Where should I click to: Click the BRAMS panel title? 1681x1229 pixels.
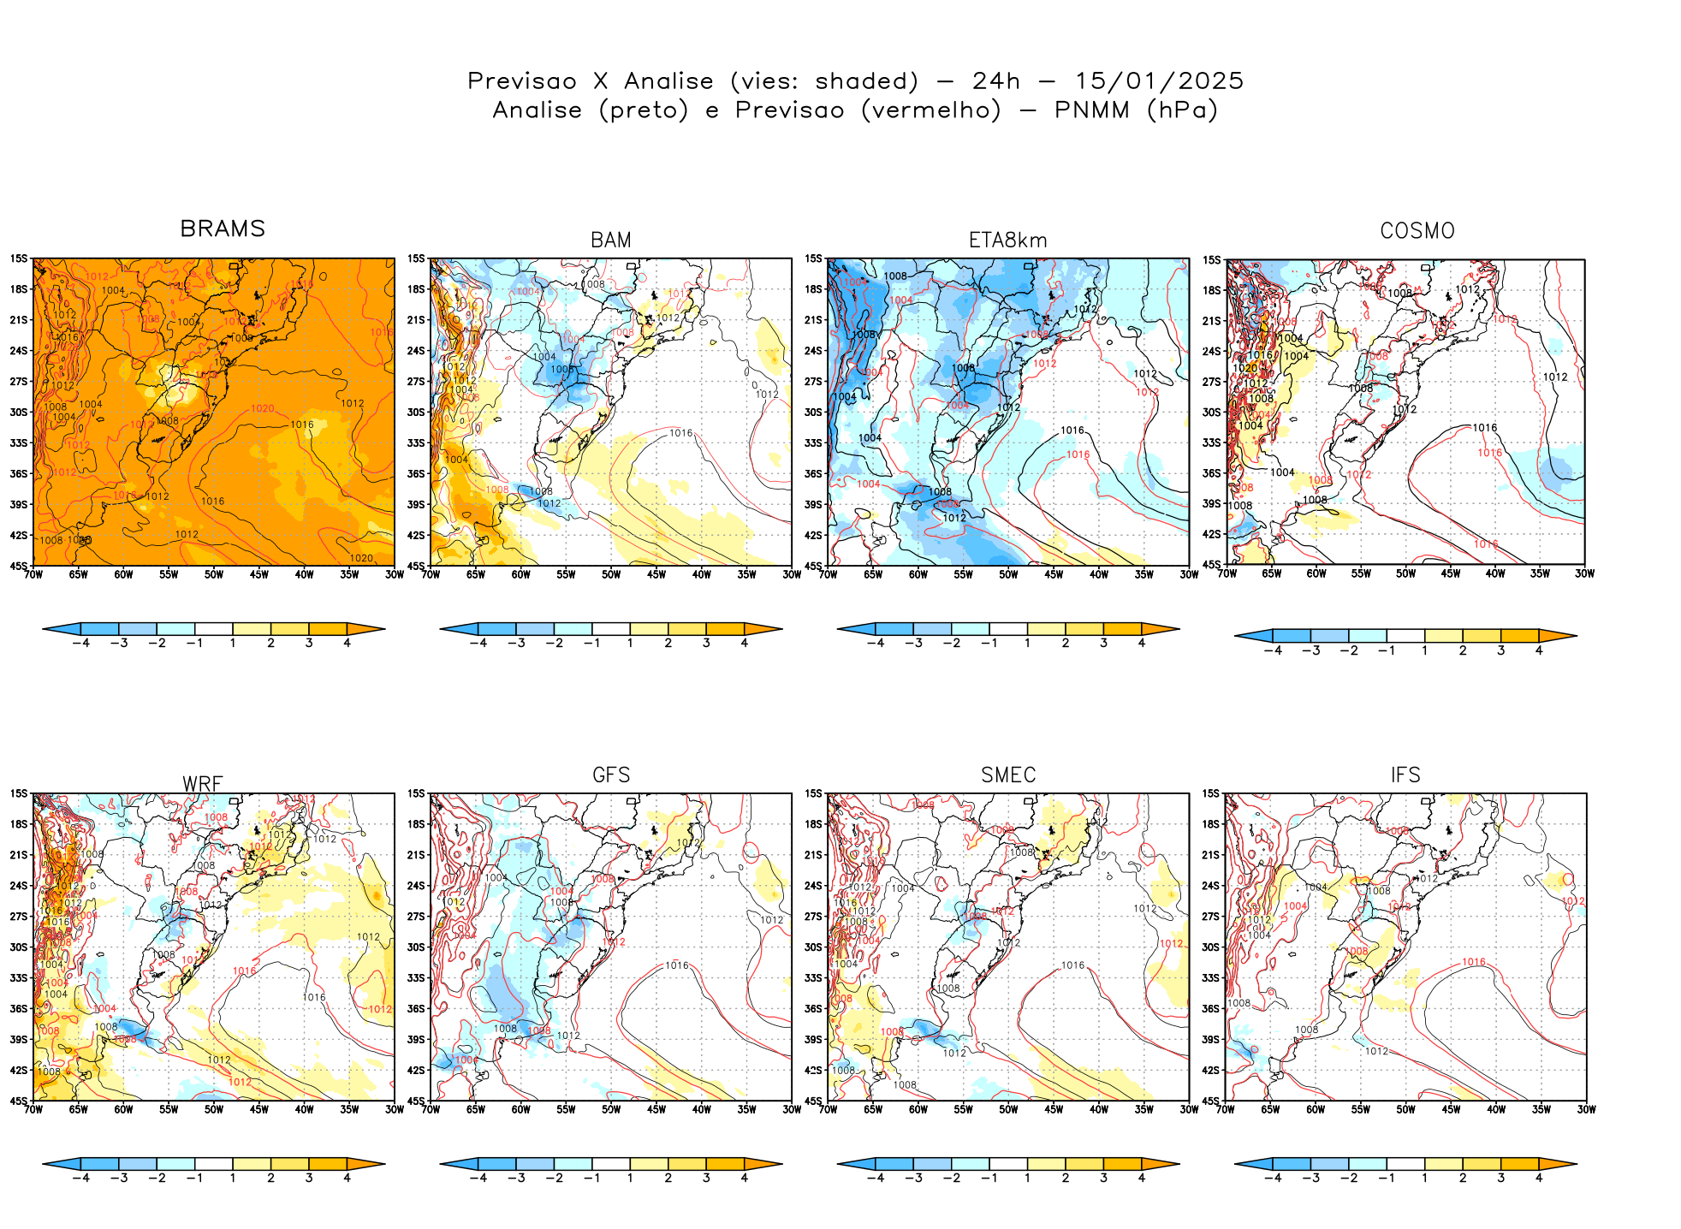click(x=223, y=229)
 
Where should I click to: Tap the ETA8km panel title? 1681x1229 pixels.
click(x=1007, y=240)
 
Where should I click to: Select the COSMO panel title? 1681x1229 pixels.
click(x=1417, y=231)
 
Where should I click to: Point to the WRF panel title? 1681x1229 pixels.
click(x=203, y=784)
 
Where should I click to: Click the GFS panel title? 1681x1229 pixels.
click(x=611, y=775)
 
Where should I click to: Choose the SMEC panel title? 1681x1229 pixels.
click(x=1008, y=775)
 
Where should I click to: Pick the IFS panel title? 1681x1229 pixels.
click(x=1405, y=775)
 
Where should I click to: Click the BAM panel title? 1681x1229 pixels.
click(x=611, y=240)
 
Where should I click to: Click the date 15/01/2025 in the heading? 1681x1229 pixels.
click(x=1159, y=81)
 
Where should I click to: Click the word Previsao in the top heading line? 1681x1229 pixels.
click(x=522, y=81)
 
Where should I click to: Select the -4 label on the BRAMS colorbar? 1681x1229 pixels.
click(x=81, y=643)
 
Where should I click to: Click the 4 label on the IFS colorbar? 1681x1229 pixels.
click(x=1538, y=1179)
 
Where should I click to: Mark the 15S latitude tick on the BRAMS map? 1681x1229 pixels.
click(x=19, y=258)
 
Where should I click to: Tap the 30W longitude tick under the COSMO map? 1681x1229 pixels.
click(x=1584, y=573)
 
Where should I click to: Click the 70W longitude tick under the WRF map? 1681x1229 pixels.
click(x=33, y=1110)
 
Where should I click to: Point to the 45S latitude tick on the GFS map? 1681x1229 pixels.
click(x=416, y=1101)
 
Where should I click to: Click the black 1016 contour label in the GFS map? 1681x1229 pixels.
click(x=677, y=965)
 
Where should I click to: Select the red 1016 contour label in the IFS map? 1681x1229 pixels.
click(x=1474, y=962)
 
